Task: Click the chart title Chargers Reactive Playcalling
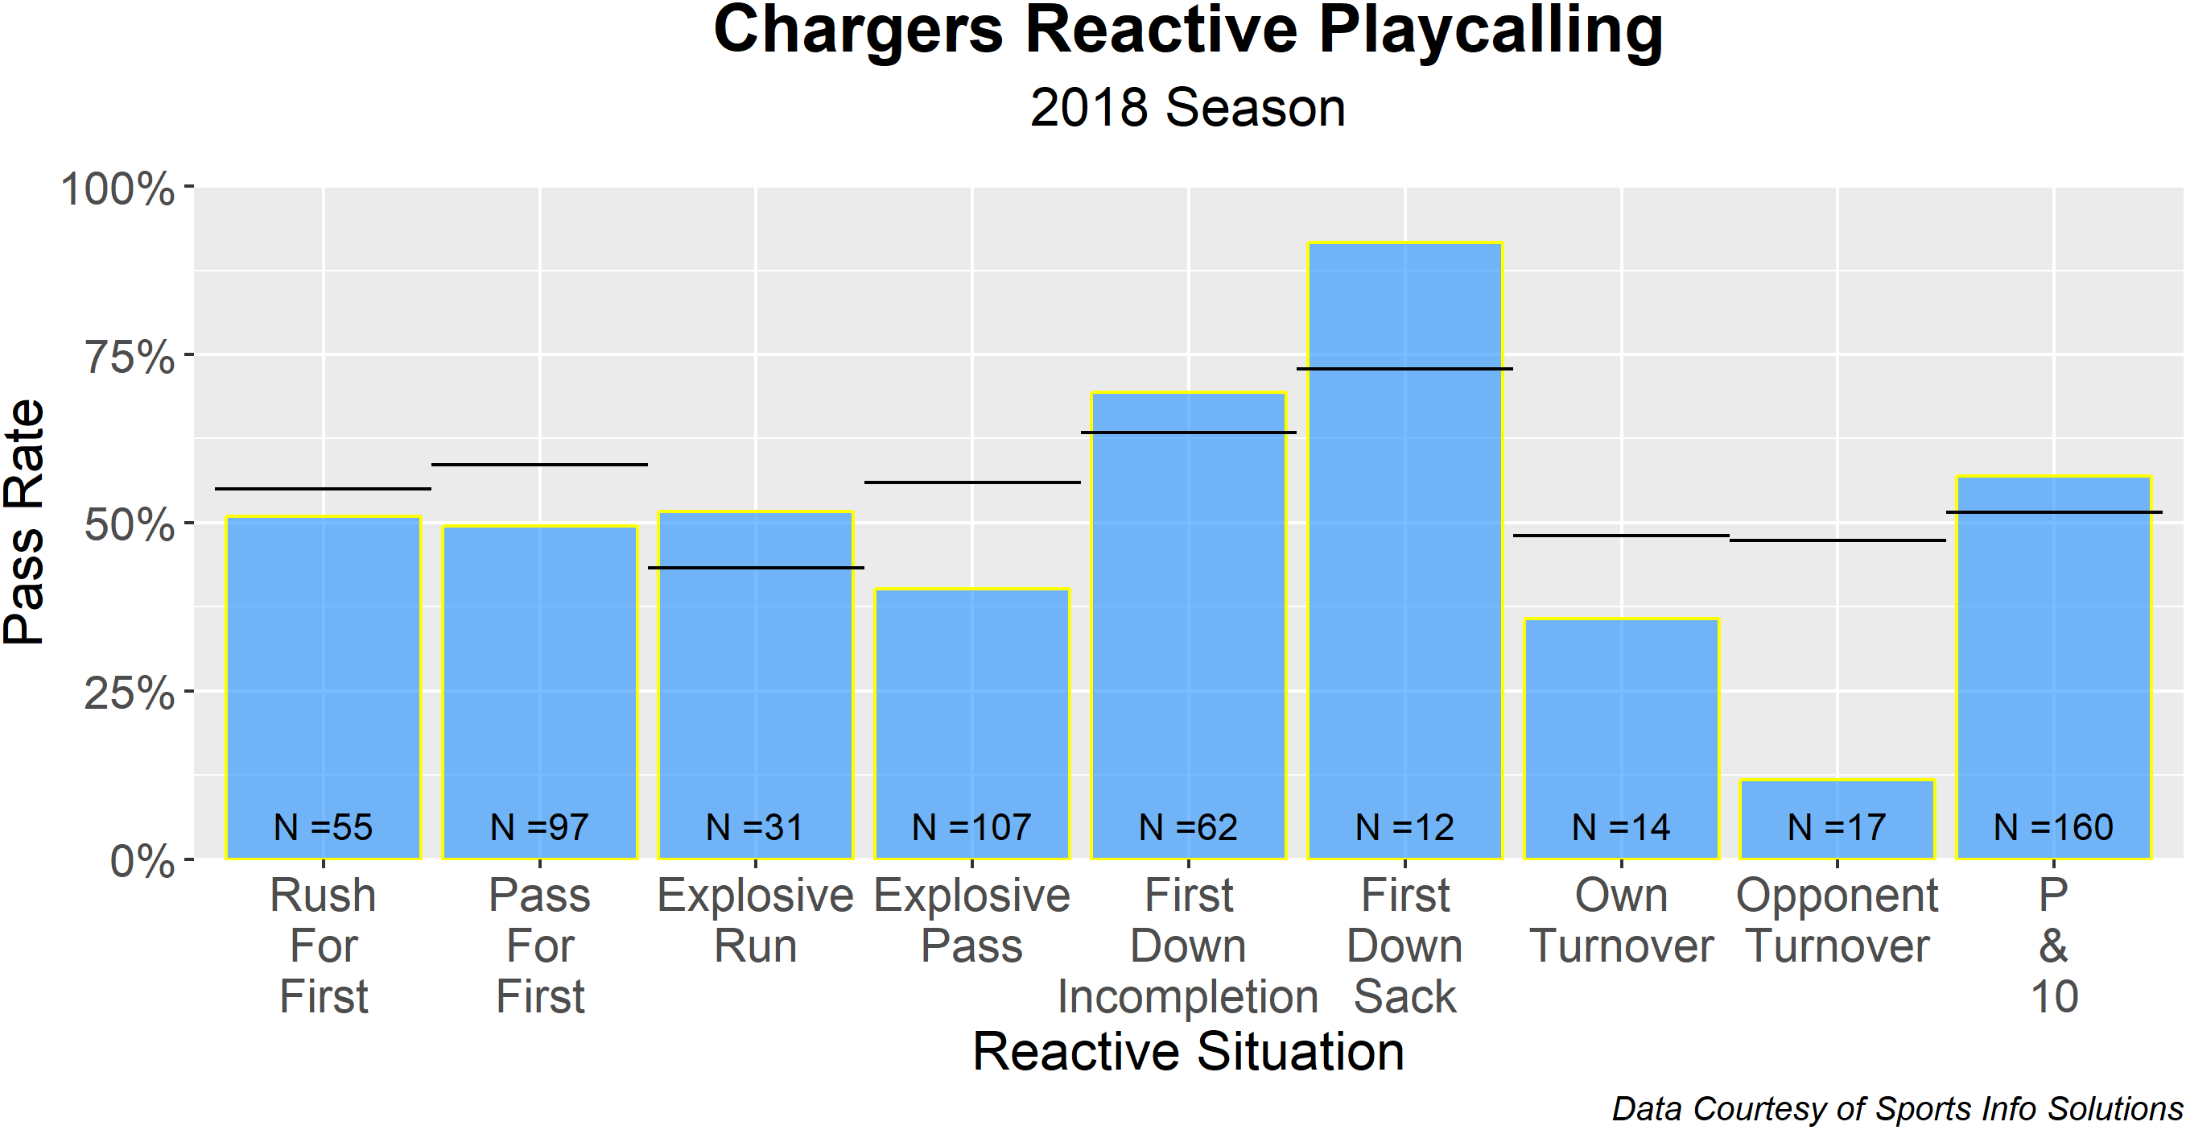(x=1188, y=32)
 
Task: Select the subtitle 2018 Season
(x=1188, y=108)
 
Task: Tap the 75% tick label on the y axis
(x=130, y=357)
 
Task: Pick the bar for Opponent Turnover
(x=1837, y=819)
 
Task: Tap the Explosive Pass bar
(x=971, y=723)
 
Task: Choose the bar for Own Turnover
(x=1622, y=739)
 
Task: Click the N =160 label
(x=2054, y=827)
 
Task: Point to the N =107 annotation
(x=971, y=827)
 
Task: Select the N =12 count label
(x=1405, y=827)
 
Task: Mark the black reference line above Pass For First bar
(x=540, y=465)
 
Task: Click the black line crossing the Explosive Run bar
(x=756, y=567)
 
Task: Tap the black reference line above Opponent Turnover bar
(x=1837, y=540)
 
